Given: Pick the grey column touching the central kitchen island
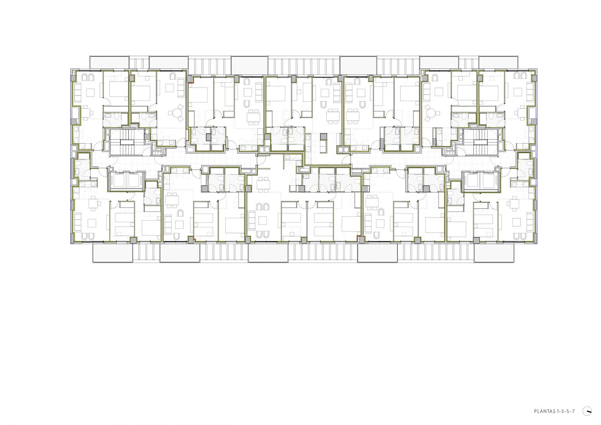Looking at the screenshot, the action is coord(324,137).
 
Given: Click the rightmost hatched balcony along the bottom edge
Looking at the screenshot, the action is coord(494,253).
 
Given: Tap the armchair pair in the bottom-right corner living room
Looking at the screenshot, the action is coord(520,236).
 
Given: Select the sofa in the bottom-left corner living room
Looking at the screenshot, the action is coord(78,221).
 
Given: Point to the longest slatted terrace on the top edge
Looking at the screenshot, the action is coord(304,65).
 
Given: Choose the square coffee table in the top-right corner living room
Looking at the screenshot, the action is coord(516,92).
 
